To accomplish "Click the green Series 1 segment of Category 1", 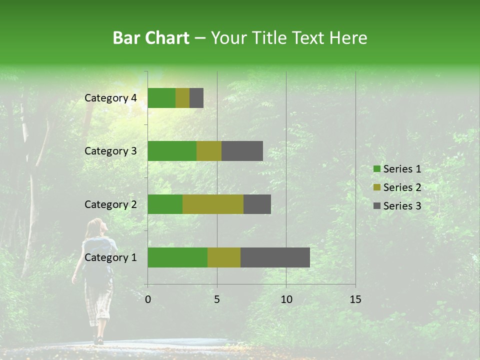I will (x=177, y=257).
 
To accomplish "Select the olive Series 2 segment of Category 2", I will (x=213, y=204).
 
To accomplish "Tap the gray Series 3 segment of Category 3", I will (x=242, y=151).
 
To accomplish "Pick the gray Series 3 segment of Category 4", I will (x=196, y=98).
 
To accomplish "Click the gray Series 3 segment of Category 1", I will (x=275, y=257).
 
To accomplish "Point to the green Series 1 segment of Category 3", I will (x=172, y=151).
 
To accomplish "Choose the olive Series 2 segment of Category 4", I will (x=182, y=98).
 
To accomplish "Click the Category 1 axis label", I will (x=110, y=257).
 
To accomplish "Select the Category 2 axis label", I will (x=110, y=204).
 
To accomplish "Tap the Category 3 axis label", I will (x=110, y=151).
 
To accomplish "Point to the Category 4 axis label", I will (x=110, y=98).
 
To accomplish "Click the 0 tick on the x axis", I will (x=148, y=299).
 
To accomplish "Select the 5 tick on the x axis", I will (x=217, y=299).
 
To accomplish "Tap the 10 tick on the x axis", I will (x=286, y=299).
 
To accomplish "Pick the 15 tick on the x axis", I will (x=355, y=299).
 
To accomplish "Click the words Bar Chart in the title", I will (x=151, y=38).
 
